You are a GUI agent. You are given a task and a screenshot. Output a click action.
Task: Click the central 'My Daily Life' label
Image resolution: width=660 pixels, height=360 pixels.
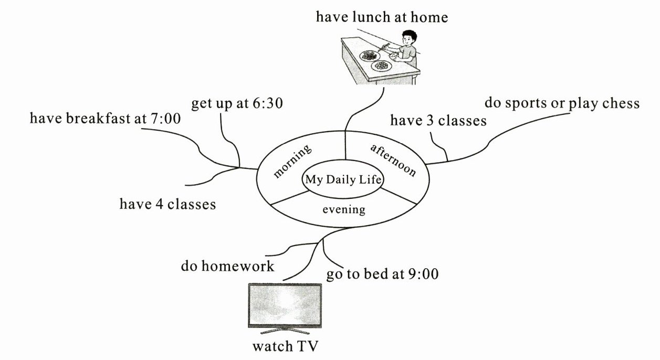tap(341, 180)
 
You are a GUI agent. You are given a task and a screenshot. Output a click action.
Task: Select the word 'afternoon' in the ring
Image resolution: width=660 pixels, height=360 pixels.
tap(393, 160)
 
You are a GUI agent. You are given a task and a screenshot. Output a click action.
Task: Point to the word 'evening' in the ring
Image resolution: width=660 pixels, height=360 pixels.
tap(343, 210)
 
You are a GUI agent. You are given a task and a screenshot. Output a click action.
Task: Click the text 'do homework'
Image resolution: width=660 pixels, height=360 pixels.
tap(227, 267)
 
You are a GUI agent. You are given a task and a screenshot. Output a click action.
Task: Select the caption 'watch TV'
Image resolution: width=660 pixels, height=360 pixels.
tap(285, 347)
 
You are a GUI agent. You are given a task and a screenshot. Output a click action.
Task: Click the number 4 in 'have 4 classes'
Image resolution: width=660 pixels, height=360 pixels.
tap(158, 204)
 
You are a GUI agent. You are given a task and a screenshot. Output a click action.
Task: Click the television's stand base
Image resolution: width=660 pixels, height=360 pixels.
tap(284, 332)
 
